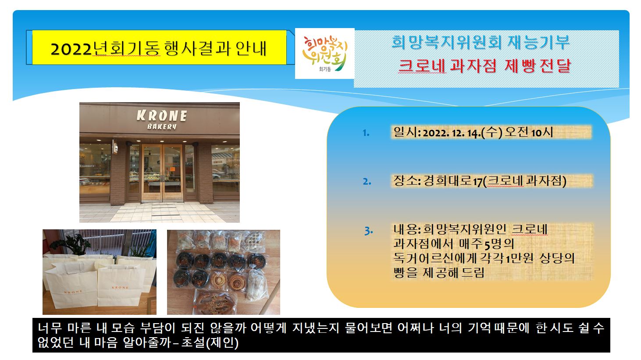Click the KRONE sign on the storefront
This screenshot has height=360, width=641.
[x=162, y=116]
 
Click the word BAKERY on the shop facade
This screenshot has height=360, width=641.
[x=162, y=126]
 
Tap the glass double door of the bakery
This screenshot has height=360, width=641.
[x=162, y=173]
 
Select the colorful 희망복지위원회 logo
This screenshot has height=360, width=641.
[x=325, y=53]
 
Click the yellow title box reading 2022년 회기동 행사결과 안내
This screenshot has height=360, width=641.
[x=159, y=47]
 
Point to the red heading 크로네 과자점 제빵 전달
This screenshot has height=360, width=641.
[x=485, y=65]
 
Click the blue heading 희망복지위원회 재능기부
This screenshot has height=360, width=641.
[x=481, y=43]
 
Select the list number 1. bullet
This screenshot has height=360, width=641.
[x=366, y=133]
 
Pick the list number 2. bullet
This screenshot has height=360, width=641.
[x=367, y=182]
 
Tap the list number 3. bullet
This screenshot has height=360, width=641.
[x=369, y=231]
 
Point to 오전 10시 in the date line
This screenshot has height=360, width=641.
[x=529, y=132]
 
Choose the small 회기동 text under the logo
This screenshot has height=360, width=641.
[x=325, y=69]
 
